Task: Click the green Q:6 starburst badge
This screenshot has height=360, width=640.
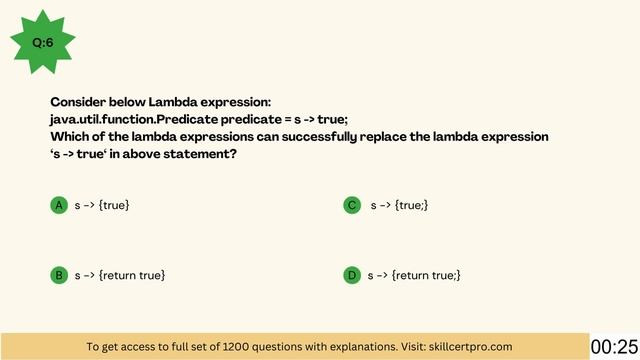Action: (43, 43)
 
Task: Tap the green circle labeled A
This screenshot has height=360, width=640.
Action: (59, 205)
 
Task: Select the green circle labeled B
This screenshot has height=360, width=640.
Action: (59, 275)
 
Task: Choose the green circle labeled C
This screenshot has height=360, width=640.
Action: (352, 205)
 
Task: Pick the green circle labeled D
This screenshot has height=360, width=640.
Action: (352, 275)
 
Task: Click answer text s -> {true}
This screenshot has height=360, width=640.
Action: (102, 205)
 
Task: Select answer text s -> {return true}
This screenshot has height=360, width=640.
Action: (120, 275)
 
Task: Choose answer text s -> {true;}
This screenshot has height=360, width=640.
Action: (400, 205)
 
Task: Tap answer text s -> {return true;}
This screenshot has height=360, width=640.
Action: (414, 275)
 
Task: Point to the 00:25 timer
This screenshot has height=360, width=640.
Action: (614, 346)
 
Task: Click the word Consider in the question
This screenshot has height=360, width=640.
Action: (78, 102)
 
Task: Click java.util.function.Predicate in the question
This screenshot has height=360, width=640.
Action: (119, 119)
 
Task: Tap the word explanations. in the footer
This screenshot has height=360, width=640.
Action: (346, 346)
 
